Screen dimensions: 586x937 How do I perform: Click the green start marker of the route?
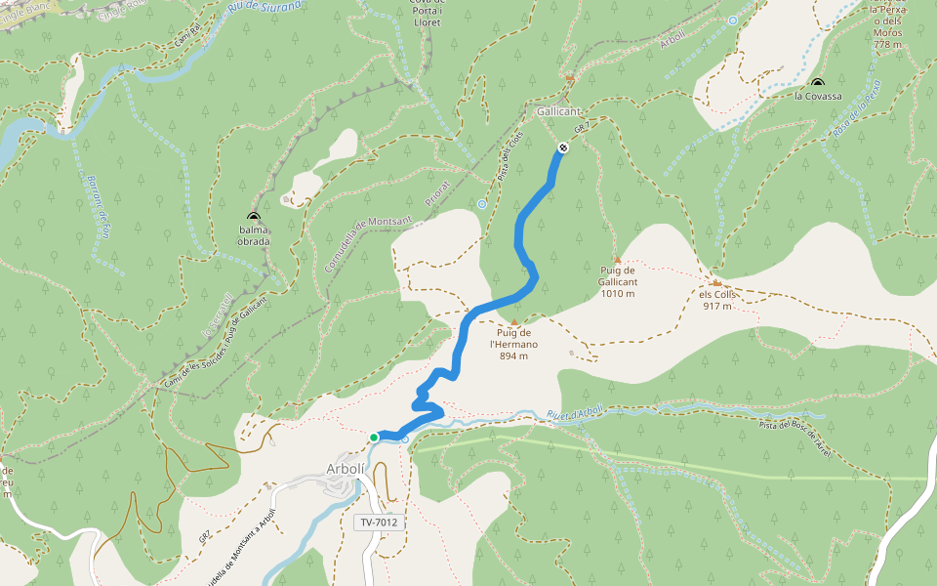click(374, 438)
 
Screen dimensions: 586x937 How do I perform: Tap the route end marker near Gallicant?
click(563, 148)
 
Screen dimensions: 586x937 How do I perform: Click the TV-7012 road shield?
click(380, 523)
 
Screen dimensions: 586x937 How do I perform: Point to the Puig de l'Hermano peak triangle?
click(514, 322)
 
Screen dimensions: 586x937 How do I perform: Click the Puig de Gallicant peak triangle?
click(617, 260)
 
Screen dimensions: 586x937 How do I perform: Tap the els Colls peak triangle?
click(716, 283)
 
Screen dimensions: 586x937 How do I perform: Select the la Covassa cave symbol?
click(817, 83)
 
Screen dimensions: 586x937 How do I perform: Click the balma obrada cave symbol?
click(254, 218)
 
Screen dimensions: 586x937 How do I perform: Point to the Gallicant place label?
click(558, 112)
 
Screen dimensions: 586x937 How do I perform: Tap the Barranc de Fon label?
click(99, 205)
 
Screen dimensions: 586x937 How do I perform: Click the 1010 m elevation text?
click(618, 293)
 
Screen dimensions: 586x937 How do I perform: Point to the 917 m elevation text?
click(717, 306)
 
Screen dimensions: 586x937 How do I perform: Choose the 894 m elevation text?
click(513, 356)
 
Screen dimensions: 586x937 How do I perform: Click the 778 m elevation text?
click(887, 45)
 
